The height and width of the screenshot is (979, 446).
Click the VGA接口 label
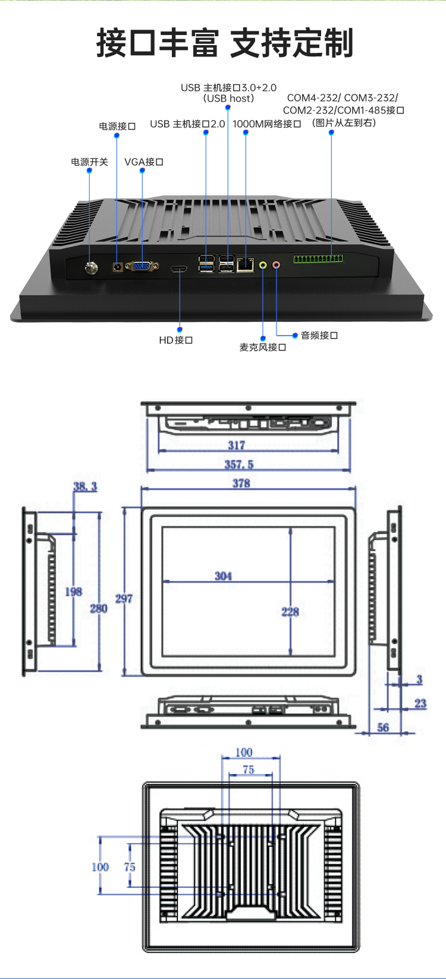(143, 162)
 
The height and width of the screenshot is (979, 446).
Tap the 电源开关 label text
(89, 162)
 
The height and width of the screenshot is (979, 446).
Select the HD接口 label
(175, 340)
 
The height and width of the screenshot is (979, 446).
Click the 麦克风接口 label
(263, 347)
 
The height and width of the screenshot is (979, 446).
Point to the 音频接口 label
(319, 335)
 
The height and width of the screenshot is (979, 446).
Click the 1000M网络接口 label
(266, 124)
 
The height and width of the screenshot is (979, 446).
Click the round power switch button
(91, 268)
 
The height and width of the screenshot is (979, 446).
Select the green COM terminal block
(319, 258)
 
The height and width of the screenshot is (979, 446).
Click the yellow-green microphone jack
(263, 264)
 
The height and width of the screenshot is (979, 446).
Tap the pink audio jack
(276, 264)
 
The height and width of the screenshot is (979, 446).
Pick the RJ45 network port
(245, 265)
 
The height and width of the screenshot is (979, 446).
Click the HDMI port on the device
(178, 269)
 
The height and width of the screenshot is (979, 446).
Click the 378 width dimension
(241, 484)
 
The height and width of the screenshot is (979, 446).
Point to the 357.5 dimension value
(239, 465)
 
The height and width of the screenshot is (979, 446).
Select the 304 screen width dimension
(223, 576)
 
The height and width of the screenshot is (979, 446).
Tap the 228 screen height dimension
(290, 612)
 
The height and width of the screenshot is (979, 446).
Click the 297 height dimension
(124, 599)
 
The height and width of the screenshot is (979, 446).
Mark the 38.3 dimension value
(86, 487)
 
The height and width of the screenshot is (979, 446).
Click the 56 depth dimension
(383, 727)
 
